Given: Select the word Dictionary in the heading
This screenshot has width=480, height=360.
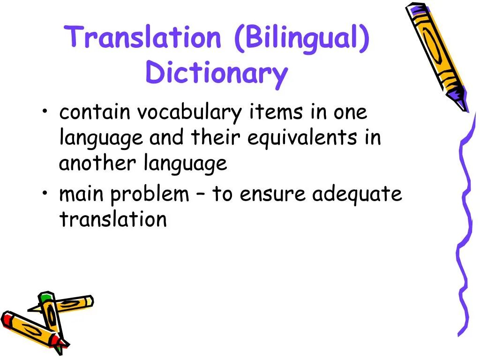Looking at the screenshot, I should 216,74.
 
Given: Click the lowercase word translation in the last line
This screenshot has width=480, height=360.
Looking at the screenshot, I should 113,219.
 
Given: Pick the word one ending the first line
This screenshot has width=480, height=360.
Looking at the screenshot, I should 350,112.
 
